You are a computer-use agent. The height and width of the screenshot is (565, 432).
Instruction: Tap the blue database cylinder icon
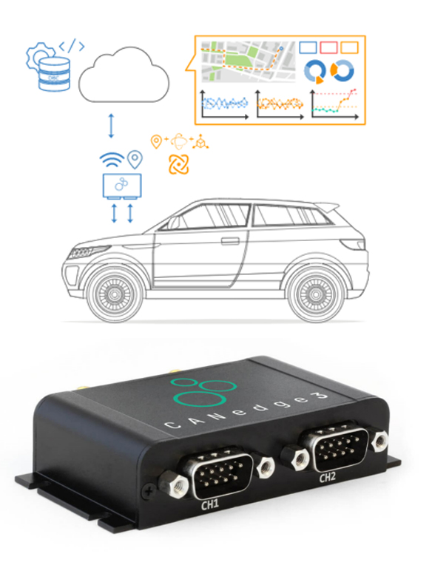pos(54,74)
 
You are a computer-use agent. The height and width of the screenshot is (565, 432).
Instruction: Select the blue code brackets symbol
pos(72,45)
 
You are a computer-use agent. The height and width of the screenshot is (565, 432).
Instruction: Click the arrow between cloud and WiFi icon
pos(111,126)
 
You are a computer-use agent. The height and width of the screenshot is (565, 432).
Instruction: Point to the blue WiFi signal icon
pos(112,160)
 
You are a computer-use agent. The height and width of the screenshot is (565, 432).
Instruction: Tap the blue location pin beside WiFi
pos(135,159)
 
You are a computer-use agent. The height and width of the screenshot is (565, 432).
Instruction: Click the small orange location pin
pos(156,141)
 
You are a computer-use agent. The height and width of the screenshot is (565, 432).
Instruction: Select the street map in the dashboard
pos(248,61)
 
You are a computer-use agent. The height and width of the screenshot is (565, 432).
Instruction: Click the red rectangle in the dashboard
pos(328,47)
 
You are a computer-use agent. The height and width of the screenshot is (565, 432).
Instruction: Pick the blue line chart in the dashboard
pos(224,104)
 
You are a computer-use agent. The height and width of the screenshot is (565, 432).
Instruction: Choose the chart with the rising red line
pos(334,104)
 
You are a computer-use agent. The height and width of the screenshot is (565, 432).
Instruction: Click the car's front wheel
pos(115,294)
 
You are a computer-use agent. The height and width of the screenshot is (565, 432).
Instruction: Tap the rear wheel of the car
pos(316,294)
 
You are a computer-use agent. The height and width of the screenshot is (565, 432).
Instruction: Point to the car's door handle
pos(230,240)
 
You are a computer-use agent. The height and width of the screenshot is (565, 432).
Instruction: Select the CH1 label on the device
pos(209,505)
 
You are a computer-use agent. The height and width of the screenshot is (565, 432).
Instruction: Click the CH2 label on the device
pos(328,477)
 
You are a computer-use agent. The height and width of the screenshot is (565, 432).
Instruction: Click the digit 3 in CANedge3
pos(320,396)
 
